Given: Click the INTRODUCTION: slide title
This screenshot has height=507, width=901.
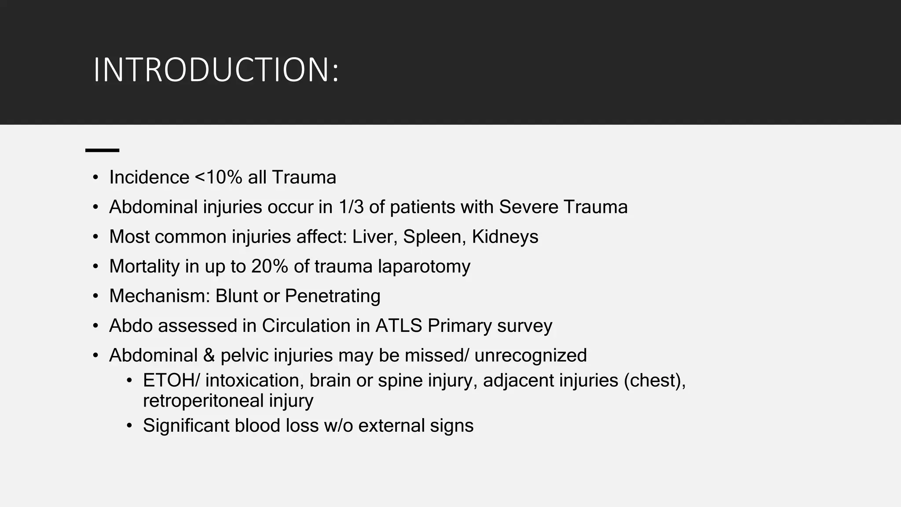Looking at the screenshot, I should tap(216, 70).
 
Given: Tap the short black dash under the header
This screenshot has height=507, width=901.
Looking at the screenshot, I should tap(102, 151).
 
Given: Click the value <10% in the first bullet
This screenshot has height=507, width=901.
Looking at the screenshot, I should tap(218, 177).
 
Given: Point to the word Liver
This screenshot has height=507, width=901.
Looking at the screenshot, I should tap(375, 237).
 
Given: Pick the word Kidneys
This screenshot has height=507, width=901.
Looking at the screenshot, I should tap(505, 237).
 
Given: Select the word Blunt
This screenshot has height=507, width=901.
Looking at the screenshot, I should tap(236, 296).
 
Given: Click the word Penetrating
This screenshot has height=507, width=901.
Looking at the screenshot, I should tap(333, 296).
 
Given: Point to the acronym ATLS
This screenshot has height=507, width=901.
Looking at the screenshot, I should tap(399, 326).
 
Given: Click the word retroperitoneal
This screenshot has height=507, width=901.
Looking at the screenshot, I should tap(203, 401).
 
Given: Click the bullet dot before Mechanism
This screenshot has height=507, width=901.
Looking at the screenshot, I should tap(95, 296).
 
